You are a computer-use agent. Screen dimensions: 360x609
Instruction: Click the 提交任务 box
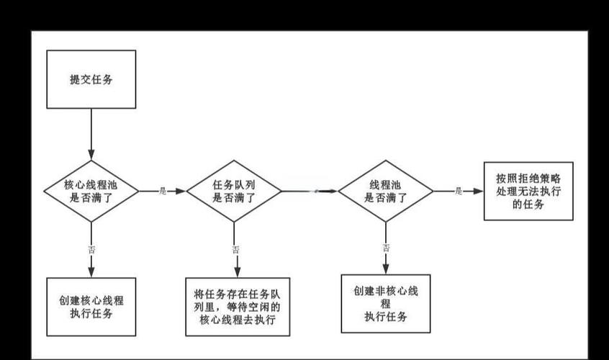(91, 80)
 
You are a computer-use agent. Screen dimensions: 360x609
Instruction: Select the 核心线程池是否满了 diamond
(91, 191)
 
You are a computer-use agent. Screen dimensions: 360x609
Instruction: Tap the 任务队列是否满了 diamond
(234, 191)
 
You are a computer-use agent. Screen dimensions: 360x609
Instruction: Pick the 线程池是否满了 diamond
(386, 191)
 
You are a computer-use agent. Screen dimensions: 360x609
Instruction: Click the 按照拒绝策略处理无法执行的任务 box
(528, 191)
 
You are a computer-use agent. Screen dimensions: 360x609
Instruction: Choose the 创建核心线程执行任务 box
(91, 307)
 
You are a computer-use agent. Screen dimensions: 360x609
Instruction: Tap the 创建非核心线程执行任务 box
(385, 303)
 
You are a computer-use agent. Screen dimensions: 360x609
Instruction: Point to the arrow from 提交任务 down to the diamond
(91, 133)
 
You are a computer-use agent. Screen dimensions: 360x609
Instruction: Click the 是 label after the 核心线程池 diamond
(162, 191)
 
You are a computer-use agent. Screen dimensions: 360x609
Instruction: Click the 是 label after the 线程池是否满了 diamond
(458, 191)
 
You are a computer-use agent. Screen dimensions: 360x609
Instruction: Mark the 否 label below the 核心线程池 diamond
(91, 249)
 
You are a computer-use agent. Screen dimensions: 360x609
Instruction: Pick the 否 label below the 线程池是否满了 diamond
(386, 248)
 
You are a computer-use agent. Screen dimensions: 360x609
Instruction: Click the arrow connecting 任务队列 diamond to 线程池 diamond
(310, 191)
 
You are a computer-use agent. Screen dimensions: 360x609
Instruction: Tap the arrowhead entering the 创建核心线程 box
(91, 273)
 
